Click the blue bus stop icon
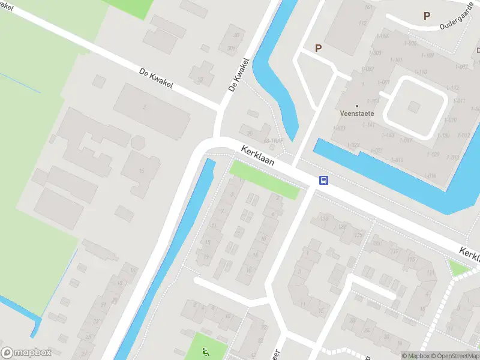pyautogui.click(x=323, y=181)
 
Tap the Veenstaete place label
pyautogui.click(x=356, y=113)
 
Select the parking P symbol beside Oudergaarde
pyautogui.click(x=427, y=16)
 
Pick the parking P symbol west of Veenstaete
pyautogui.click(x=318, y=49)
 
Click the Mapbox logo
pyautogui.click(x=26, y=353)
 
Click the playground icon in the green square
pyautogui.click(x=206, y=352)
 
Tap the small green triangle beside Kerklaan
pyautogui.click(x=457, y=268)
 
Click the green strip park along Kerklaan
pyautogui.click(x=264, y=179)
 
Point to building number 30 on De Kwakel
pyautogui.click(x=236, y=35)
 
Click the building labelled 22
pyautogui.click(x=200, y=79)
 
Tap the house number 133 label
pyautogui.click(x=324, y=218)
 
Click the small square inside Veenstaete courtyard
pyautogui.click(x=413, y=106)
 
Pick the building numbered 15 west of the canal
pyautogui.click(x=142, y=172)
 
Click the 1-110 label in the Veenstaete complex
pyautogui.click(x=421, y=73)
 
